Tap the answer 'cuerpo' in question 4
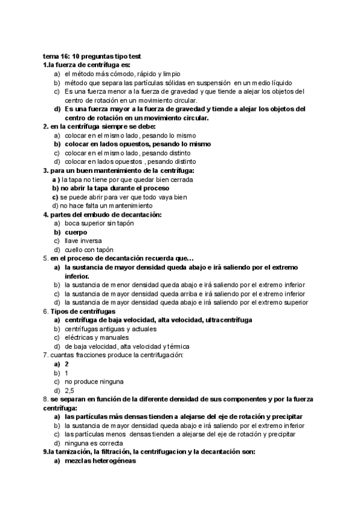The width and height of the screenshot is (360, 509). click(76, 232)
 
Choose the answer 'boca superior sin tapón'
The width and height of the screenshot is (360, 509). click(99, 223)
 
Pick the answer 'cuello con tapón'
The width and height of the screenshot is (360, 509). click(89, 250)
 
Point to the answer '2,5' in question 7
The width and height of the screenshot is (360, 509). click(70, 390)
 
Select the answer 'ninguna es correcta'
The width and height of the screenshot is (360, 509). click(94, 443)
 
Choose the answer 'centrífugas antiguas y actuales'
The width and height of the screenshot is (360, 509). click(110, 329)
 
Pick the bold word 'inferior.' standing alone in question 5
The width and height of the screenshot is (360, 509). click(77, 276)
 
